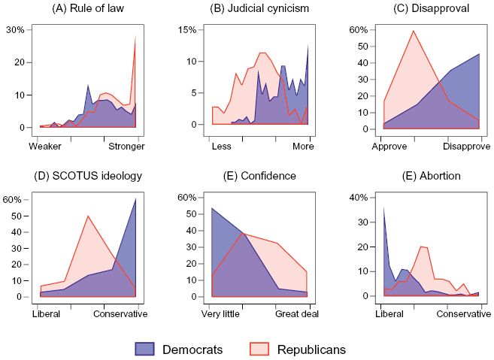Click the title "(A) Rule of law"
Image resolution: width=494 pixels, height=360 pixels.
click(88, 9)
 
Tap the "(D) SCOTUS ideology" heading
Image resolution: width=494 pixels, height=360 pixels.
click(88, 176)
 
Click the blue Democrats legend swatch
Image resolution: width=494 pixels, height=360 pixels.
click(144, 349)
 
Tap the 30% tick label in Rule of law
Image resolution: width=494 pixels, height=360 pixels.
click(16, 30)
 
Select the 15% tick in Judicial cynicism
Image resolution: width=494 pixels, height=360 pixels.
click(186, 30)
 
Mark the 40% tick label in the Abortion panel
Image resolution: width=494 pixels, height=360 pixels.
click(357, 198)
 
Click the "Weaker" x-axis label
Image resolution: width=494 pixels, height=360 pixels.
click(46, 146)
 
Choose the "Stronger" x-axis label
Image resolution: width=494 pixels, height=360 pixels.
click(126, 146)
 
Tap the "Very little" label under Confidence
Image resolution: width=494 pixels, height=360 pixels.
click(220, 313)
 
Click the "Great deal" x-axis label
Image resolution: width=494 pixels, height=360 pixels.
click(299, 313)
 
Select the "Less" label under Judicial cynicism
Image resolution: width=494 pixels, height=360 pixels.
click(221, 146)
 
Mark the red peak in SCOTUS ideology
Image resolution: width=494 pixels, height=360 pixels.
click(88, 216)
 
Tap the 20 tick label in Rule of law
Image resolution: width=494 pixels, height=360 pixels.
click(20, 63)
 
